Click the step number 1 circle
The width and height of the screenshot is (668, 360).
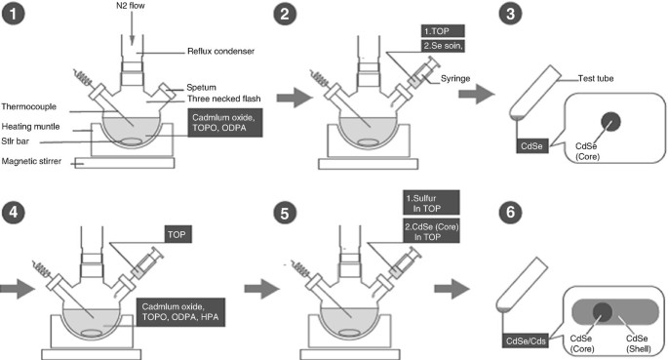pyautogui.click(x=14, y=14)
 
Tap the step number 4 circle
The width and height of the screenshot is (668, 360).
pyautogui.click(x=14, y=212)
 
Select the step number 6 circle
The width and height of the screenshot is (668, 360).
pyautogui.click(x=510, y=212)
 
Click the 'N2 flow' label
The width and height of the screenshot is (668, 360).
pyautogui.click(x=131, y=6)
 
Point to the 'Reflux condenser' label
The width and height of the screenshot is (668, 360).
pyautogui.click(x=220, y=51)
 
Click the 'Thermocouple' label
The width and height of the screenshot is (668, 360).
pyautogui.click(x=29, y=106)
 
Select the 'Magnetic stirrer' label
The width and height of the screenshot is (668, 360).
pyautogui.click(x=31, y=161)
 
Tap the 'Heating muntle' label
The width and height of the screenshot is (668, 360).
pyautogui.click(x=30, y=127)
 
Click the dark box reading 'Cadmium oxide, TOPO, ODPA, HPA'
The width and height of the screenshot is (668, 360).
pyautogui.click(x=180, y=312)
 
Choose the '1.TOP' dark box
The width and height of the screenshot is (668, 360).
pyautogui.click(x=443, y=31)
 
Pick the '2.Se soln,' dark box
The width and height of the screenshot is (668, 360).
pyautogui.click(x=443, y=46)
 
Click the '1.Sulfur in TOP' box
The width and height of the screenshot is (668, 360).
pyautogui.click(x=431, y=203)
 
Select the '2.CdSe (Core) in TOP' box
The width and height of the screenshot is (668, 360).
pyautogui.click(x=431, y=231)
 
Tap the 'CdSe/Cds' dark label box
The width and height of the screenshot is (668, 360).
pyautogui.click(x=526, y=340)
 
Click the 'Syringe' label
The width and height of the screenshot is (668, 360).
pyautogui.click(x=455, y=78)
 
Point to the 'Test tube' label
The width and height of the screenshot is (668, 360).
pyautogui.click(x=596, y=78)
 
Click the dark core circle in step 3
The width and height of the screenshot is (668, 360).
pyautogui.click(x=610, y=122)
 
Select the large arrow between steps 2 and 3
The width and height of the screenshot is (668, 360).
pyautogui.click(x=476, y=94)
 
